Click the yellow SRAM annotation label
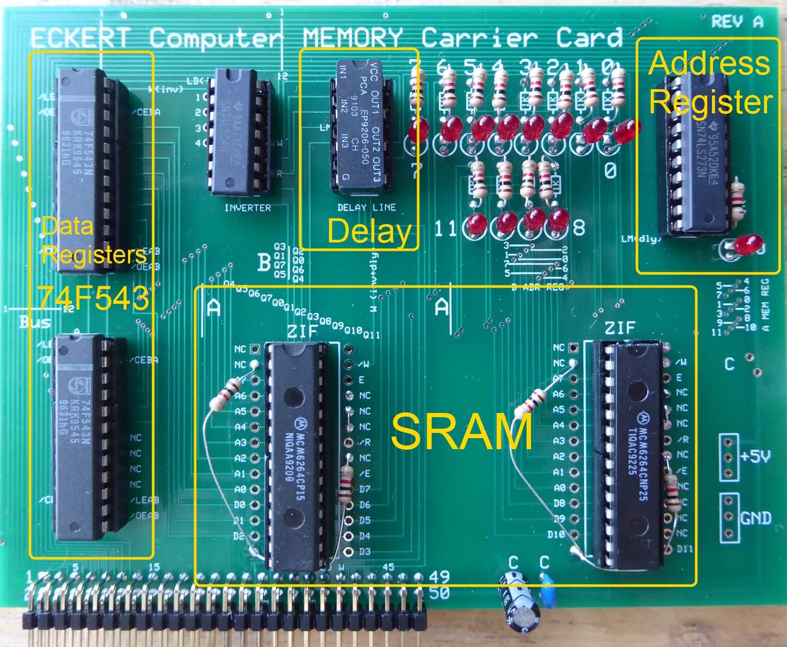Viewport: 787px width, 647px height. tap(462, 431)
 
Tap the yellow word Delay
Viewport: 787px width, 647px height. tap(369, 231)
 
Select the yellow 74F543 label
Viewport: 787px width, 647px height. tap(93, 299)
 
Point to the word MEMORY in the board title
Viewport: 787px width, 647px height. tap(353, 38)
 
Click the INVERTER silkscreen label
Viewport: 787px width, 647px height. tap(248, 208)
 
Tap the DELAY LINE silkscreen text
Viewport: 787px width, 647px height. tap(366, 207)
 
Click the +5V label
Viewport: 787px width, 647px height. tap(756, 457)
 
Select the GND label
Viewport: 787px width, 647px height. tap(756, 518)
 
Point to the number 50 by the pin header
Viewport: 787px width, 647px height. tap(439, 593)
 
